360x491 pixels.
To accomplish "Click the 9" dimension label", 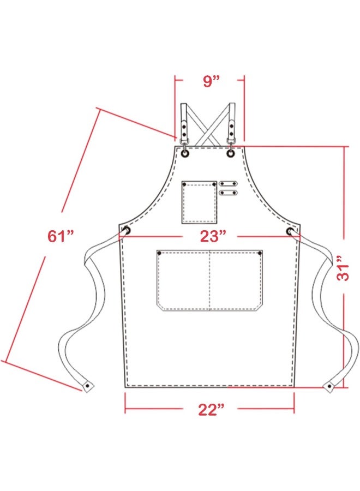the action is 211,81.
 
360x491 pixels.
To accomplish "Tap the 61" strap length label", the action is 61,236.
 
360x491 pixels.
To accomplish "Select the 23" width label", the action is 213,236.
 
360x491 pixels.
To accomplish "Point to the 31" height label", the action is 343,268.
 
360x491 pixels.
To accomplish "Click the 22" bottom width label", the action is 211,409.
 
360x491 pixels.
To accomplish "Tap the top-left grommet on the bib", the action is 185,153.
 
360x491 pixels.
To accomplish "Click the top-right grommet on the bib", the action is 231,153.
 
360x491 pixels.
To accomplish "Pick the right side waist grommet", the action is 290,231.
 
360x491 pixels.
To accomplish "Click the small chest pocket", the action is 199,202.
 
